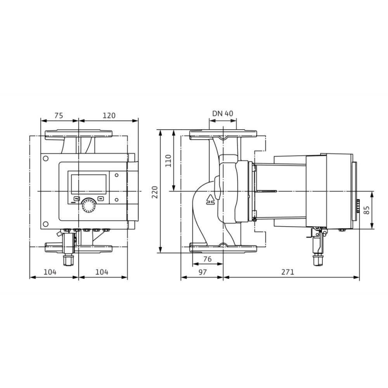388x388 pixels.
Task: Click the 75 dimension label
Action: click(59, 116)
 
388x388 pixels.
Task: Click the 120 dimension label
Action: click(109, 116)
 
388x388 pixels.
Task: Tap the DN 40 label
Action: click(223, 114)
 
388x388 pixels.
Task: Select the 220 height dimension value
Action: click(155, 192)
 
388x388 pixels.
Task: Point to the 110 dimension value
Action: click(168, 161)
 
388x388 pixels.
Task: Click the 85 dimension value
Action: click(367, 210)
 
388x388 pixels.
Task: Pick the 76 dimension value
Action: click(207, 259)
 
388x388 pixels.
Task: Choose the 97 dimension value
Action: click(203, 272)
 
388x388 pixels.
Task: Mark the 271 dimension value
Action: click(288, 272)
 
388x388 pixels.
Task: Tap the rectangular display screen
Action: click(88, 184)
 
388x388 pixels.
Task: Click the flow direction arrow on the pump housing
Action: click(210, 200)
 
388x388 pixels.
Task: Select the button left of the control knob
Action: click(76, 199)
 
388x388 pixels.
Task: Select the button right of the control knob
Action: click(100, 198)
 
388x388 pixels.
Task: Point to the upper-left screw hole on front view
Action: click(45, 158)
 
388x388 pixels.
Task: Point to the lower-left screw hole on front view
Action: click(45, 224)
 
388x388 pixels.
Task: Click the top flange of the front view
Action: click(78, 134)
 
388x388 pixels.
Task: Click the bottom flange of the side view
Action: click(223, 248)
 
